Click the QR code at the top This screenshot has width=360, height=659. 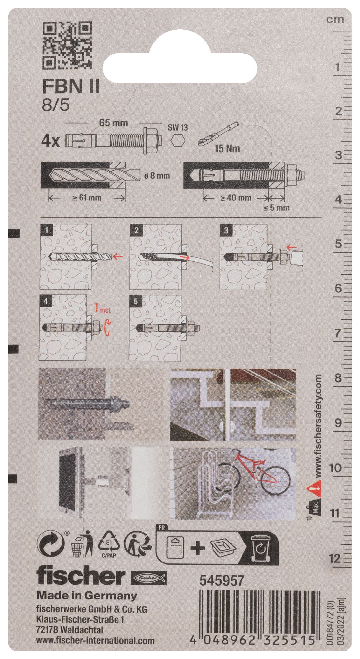coord(67,45)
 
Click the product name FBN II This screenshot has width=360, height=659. coord(71,88)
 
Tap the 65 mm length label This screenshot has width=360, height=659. coord(113,123)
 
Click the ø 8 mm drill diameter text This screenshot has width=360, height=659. coord(157,176)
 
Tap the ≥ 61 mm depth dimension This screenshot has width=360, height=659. coord(86,198)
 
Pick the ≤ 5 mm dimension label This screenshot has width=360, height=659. coord(276,208)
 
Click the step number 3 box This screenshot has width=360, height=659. coord(226,230)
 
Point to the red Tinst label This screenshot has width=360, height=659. coord(102,309)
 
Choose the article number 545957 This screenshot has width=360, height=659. coord(222,580)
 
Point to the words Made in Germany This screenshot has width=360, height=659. coord(87,596)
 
